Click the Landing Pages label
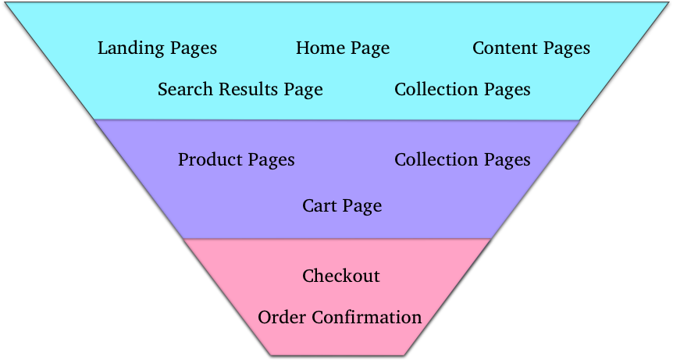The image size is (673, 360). [157, 48]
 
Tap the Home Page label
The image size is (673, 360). [342, 48]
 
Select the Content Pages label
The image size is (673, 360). [531, 48]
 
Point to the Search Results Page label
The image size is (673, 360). [240, 90]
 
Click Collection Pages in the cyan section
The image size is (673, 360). [462, 90]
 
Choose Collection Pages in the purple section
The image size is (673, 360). [462, 160]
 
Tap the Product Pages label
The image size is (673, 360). [236, 160]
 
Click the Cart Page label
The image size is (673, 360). [342, 206]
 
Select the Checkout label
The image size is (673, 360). [341, 276]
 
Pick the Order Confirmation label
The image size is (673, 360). [340, 318]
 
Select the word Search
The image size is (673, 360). [182, 90]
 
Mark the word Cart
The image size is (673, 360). [319, 206]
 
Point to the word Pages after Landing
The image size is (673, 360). [191, 49]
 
